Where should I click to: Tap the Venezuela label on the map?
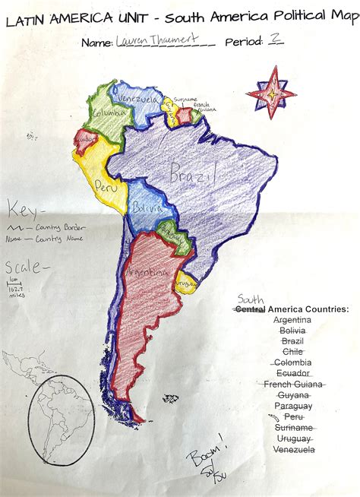137,100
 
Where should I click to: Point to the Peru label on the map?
105,185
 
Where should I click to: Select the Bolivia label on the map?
146,207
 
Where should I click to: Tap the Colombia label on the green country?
107,114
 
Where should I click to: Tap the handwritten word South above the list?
250,299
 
